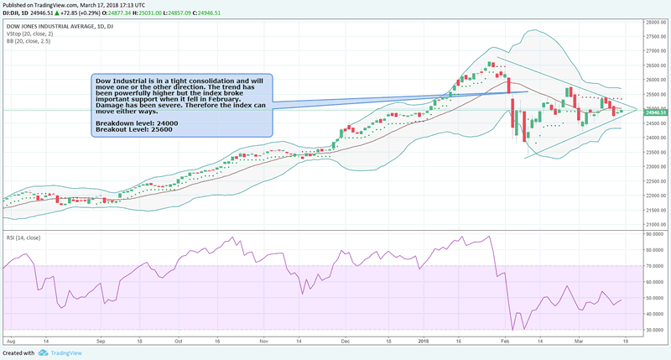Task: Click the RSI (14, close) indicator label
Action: (23, 238)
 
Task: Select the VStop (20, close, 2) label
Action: (29, 34)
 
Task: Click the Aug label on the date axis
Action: (11, 342)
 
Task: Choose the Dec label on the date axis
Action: (344, 342)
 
